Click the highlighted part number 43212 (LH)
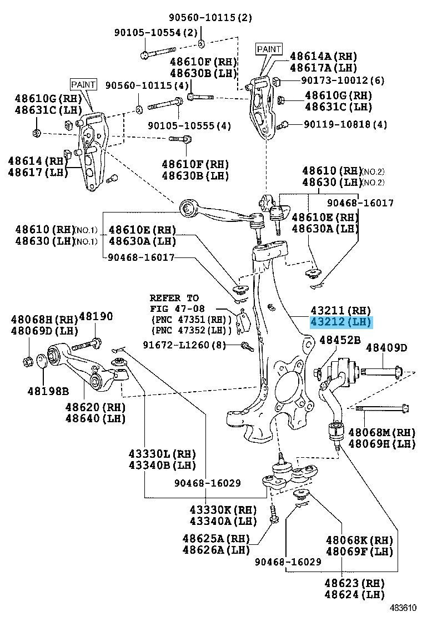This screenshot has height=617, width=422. [341, 322]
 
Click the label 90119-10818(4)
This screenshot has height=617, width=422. [345, 124]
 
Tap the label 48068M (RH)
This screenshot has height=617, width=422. [381, 432]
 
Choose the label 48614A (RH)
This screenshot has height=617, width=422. [323, 56]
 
